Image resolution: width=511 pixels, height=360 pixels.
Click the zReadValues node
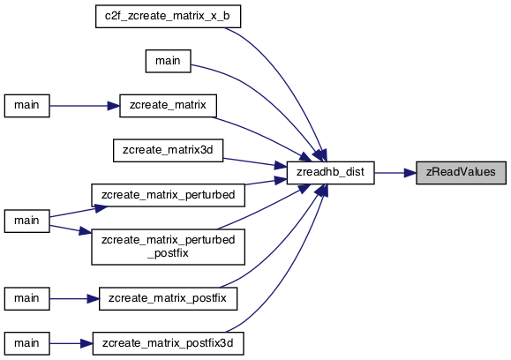pyautogui.click(x=461, y=173)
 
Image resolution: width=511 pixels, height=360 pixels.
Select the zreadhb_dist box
pyautogui.click(x=330, y=173)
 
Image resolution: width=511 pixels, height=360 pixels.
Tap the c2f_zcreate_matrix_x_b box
pyautogui.click(x=169, y=16)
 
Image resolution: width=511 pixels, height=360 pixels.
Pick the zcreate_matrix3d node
pyautogui.click(x=169, y=150)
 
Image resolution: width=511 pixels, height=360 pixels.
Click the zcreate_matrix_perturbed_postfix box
pyautogui.click(x=169, y=247)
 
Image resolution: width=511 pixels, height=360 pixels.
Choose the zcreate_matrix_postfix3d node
pyautogui.click(x=169, y=343)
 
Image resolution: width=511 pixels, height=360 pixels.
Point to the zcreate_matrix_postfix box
pyautogui.click(x=169, y=298)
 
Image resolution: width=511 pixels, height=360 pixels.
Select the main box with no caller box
pyautogui.click(x=169, y=61)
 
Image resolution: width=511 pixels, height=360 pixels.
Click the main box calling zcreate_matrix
pyautogui.click(x=27, y=106)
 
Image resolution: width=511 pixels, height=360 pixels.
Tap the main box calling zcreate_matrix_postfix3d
pyautogui.click(x=27, y=343)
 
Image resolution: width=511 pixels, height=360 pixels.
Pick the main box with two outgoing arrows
pyautogui.click(x=27, y=221)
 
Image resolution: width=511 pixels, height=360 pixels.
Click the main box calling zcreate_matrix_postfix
pyautogui.click(x=27, y=298)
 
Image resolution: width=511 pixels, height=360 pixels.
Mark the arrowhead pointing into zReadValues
pyautogui.click(x=410, y=173)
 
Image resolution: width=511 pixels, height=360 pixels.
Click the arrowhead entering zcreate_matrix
pyautogui.click(x=114, y=106)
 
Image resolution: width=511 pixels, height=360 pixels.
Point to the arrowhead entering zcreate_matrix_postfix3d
pyautogui.click(x=86, y=343)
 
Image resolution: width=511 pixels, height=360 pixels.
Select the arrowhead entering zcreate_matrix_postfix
pyautogui.click(x=94, y=298)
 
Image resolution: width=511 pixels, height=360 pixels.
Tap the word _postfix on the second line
pyautogui.click(x=169, y=253)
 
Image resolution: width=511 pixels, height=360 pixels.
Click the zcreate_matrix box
pyautogui.click(x=169, y=106)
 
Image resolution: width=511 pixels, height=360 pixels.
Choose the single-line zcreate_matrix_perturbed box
pyautogui.click(x=169, y=195)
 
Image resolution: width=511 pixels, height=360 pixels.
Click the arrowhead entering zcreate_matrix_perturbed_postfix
pyautogui.click(x=86, y=231)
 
